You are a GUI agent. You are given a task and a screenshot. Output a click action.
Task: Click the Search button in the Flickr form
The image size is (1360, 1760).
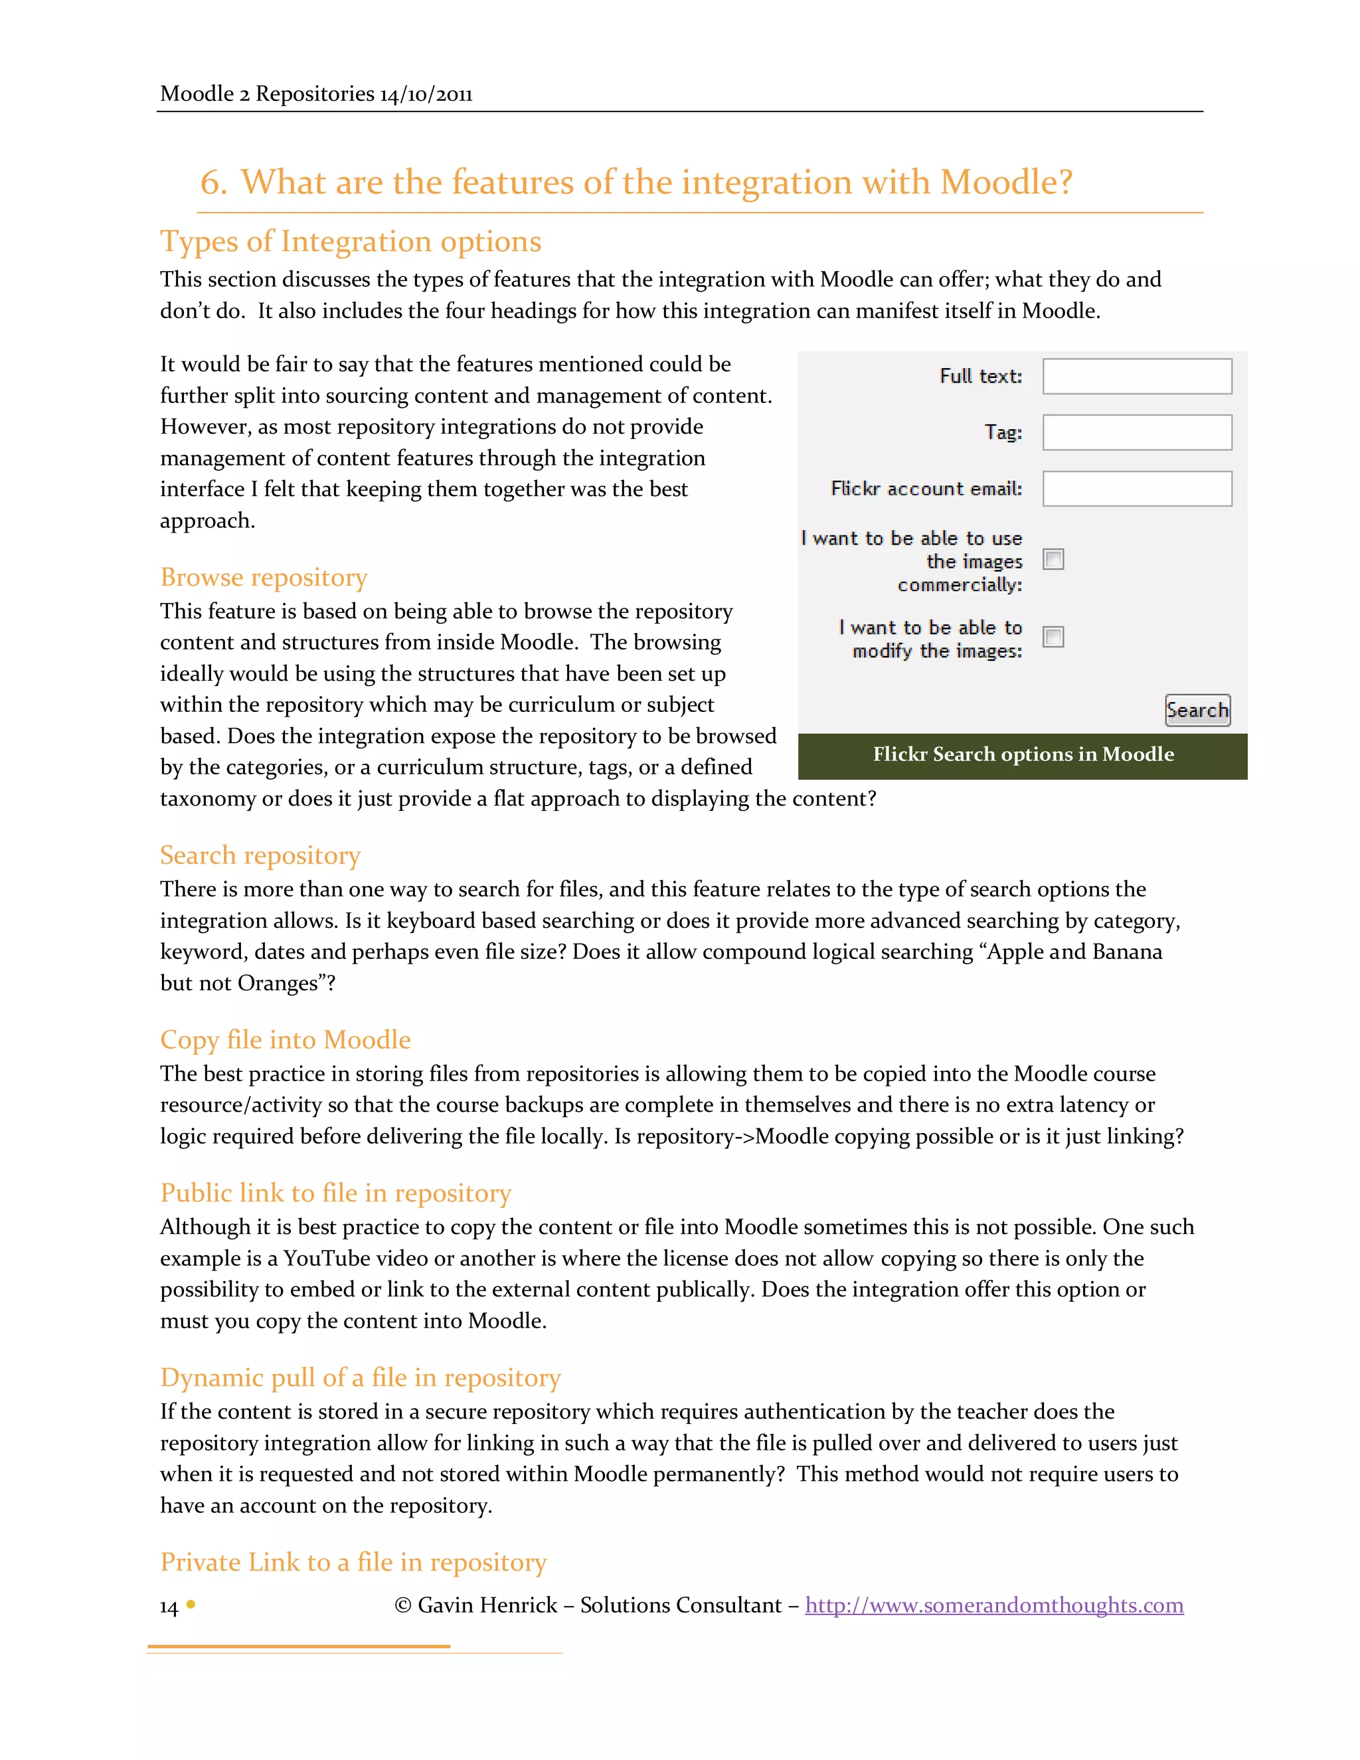point(1197,710)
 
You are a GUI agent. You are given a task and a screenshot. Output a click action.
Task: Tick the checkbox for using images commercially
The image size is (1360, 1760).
point(1053,559)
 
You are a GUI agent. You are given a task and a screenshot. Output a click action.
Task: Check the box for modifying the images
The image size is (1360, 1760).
point(1053,637)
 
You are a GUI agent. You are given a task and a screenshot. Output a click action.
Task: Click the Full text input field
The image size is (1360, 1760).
point(1137,377)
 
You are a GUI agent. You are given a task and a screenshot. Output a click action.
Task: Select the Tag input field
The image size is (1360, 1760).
point(1137,433)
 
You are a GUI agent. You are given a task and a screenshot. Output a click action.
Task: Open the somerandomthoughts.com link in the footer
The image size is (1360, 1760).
point(994,1605)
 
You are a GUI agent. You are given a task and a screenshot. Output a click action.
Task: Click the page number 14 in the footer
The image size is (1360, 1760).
point(169,1607)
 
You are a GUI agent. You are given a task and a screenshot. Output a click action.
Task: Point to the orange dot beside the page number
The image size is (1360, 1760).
point(191,1605)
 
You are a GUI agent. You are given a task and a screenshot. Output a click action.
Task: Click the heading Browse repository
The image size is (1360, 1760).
point(264,578)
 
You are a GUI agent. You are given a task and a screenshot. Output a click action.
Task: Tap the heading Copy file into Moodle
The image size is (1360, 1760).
point(285,1039)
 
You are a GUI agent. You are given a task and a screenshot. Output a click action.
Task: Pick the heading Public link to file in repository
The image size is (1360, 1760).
point(335,1193)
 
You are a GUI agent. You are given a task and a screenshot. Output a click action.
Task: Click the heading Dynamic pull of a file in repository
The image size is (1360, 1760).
point(360,1377)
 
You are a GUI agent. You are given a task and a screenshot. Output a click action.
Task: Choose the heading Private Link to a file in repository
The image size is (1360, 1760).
point(353,1562)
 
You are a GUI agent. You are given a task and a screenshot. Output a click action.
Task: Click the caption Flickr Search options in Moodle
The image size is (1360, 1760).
point(1023,754)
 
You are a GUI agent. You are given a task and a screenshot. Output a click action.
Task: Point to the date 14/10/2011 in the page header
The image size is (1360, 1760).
point(426,94)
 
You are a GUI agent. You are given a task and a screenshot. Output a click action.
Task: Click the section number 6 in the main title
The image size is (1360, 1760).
point(212,182)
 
